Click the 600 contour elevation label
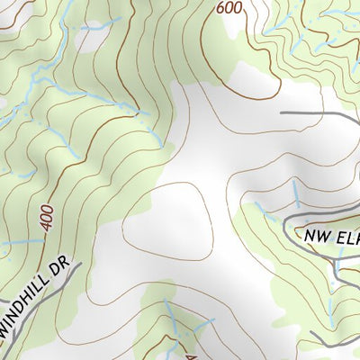[229, 8]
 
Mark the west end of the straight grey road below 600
[283, 112]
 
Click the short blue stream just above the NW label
[297, 192]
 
